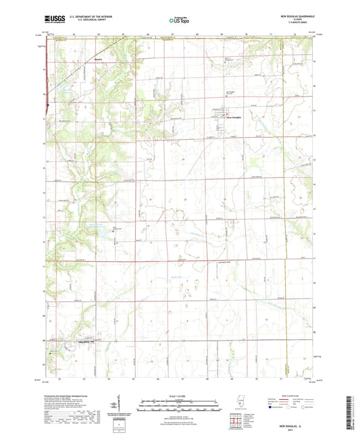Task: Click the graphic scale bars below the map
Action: click(180, 405)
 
